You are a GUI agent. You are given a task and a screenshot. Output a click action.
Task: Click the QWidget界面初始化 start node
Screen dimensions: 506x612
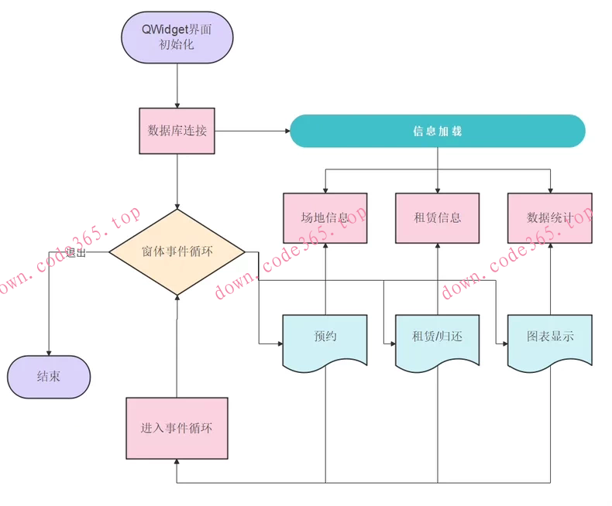(177, 37)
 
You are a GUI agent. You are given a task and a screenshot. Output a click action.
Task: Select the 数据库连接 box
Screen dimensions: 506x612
(177, 131)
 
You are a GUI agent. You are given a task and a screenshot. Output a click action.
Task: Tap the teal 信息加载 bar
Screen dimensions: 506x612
(437, 131)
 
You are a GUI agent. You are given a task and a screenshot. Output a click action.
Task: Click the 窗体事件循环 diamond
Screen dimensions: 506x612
(177, 251)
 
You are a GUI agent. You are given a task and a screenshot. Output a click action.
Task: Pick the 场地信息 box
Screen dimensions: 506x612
(325, 217)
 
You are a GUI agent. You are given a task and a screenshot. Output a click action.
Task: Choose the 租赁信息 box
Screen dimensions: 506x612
(438, 217)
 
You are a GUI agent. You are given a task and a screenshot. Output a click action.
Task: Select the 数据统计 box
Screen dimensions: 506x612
(550, 217)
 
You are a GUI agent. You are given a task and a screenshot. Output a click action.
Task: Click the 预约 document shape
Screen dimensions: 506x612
(325, 338)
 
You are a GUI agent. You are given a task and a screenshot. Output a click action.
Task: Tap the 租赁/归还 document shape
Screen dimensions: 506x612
(438, 338)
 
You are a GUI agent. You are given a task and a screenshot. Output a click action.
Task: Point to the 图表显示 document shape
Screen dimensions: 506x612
(550, 338)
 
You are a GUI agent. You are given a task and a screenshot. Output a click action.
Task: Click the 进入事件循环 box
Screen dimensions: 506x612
(177, 428)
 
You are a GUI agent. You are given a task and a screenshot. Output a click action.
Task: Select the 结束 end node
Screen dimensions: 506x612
(49, 377)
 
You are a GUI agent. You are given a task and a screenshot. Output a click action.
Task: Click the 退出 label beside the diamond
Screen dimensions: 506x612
(76, 252)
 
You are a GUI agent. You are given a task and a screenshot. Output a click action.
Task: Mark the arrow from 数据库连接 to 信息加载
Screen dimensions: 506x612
(252, 131)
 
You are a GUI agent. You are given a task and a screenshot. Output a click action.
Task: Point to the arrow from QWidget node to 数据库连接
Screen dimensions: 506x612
(177, 85)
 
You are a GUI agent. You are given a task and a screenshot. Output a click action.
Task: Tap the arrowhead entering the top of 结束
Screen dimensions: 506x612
(49, 352)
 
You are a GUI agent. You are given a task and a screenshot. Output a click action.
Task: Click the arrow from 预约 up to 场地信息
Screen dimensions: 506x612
(325, 279)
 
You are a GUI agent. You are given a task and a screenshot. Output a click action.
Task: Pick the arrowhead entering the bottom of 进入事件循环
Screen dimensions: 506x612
(177, 463)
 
